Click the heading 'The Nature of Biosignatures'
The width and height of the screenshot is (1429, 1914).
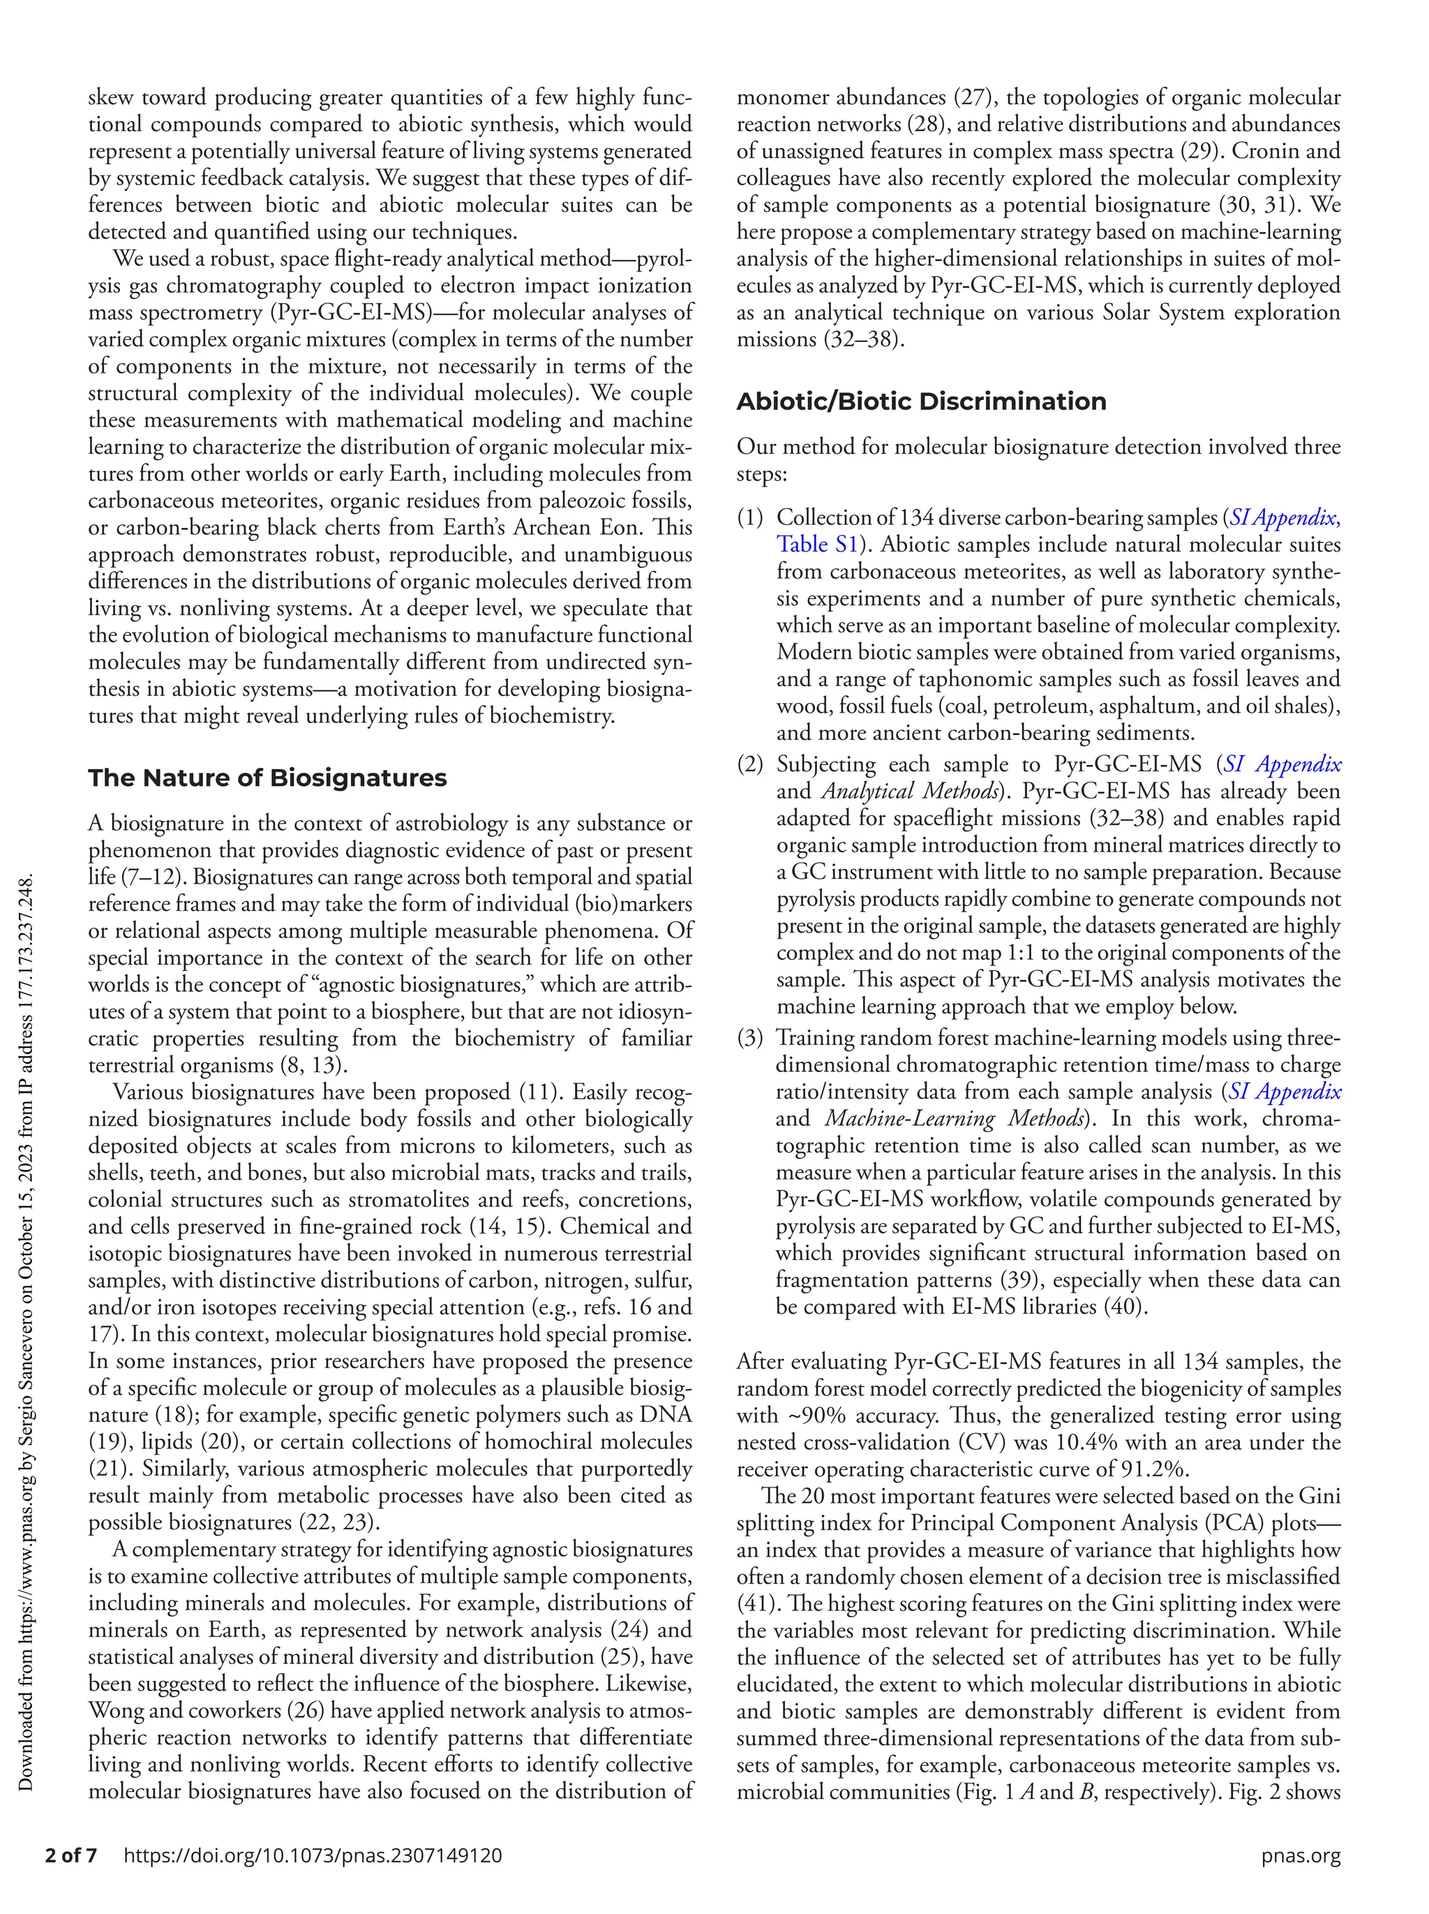(x=267, y=778)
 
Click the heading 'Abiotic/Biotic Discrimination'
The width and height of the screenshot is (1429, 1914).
(x=921, y=401)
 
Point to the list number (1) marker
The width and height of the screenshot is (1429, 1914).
(x=750, y=517)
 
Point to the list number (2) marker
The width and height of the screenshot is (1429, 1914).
(x=750, y=764)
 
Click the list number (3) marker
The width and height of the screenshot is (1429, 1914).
(x=750, y=1037)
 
